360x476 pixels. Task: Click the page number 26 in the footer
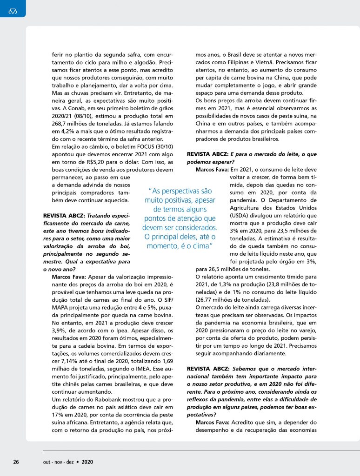coord(16,462)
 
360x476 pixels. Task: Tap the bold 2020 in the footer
coord(87,462)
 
